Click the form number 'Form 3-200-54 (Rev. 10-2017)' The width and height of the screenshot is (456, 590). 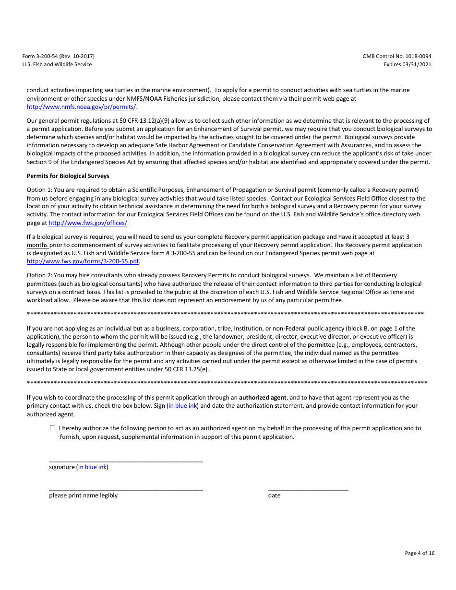pyautogui.click(x=58, y=56)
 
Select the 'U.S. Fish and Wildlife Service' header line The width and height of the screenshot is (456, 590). pyautogui.click(x=57, y=64)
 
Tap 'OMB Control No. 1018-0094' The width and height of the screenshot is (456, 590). pyautogui.click(x=396, y=56)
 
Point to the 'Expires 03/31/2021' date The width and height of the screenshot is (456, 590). pyautogui.click(x=407, y=64)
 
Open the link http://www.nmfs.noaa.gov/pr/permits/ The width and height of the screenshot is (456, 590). pyautogui.click(x=81, y=107)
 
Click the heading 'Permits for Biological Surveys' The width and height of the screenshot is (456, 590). pyautogui.click(x=68, y=176)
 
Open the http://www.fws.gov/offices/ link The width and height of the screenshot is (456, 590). pyautogui.click(x=88, y=223)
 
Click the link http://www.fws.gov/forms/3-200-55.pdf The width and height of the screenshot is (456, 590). pyautogui.click(x=83, y=261)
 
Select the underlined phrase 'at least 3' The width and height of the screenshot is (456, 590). pyautogui.click(x=397, y=237)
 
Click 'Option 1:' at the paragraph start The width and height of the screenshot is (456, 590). pyautogui.click(x=39, y=190)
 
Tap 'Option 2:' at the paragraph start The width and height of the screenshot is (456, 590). pyautogui.click(x=39, y=275)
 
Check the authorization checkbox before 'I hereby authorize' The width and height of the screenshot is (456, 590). pyautogui.click(x=52, y=428)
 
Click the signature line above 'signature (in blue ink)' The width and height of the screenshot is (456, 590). pyautogui.click(x=126, y=461)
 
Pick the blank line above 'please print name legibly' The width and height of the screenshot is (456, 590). pyautogui.click(x=126, y=490)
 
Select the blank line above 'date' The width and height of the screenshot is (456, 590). pyautogui.click(x=308, y=490)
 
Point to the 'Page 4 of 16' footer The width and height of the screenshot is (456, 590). pyautogui.click(x=420, y=553)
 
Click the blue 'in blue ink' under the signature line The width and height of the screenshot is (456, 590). pyautogui.click(x=92, y=467)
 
